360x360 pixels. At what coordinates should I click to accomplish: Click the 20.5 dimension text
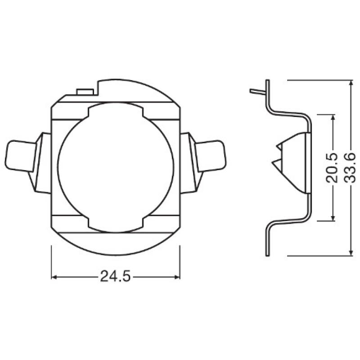pos(332,167)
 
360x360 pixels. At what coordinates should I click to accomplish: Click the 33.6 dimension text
pos(350,167)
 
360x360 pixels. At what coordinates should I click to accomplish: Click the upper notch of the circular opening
pos(116,108)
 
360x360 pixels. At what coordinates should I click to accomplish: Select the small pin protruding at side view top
pos(257,91)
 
